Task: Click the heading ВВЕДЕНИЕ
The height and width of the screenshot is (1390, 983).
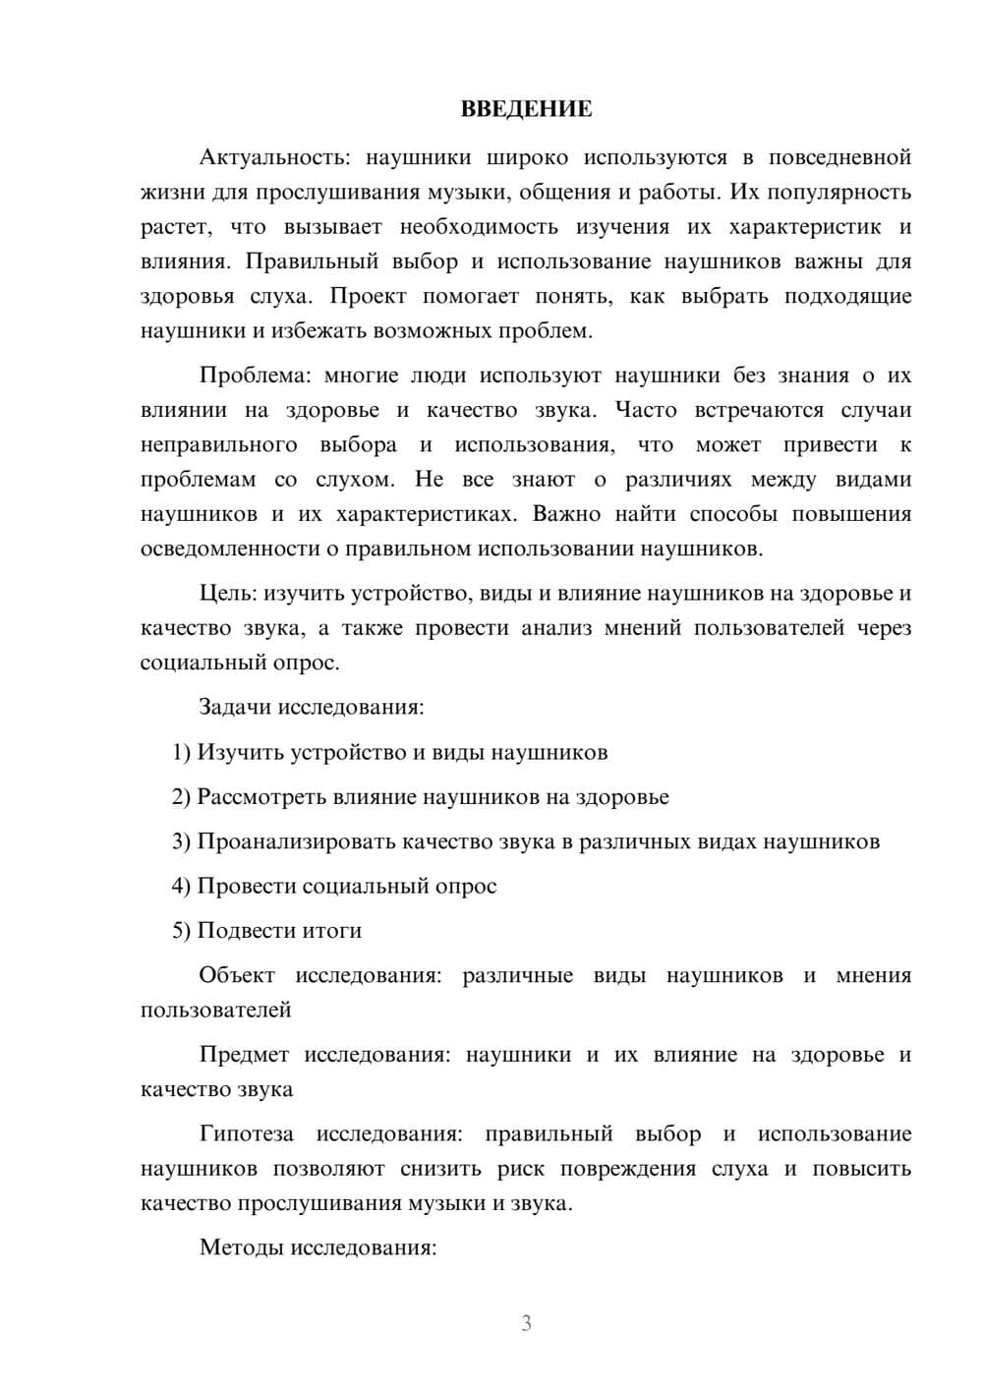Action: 526,109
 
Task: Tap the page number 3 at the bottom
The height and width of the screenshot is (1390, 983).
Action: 526,1323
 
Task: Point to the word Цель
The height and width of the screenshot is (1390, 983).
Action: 228,593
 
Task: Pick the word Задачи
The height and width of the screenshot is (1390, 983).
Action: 236,707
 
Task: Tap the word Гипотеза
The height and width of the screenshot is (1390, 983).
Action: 246,1133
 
